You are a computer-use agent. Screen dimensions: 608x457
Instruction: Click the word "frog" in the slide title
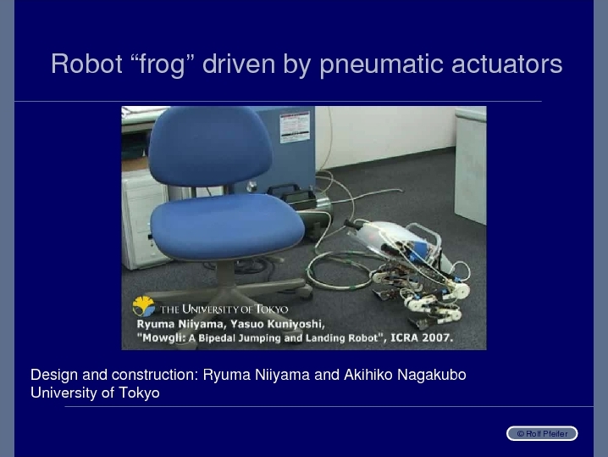162,64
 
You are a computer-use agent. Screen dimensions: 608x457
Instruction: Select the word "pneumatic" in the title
381,64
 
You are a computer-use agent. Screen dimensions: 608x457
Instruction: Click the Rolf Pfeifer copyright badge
542,433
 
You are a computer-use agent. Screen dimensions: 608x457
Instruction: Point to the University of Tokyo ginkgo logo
143,306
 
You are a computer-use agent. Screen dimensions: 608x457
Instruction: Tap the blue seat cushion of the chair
227,226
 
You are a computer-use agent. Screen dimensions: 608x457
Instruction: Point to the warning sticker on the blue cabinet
295,127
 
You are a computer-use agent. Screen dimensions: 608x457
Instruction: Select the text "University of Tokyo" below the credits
95,393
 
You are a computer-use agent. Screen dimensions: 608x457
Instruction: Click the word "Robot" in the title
87,64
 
